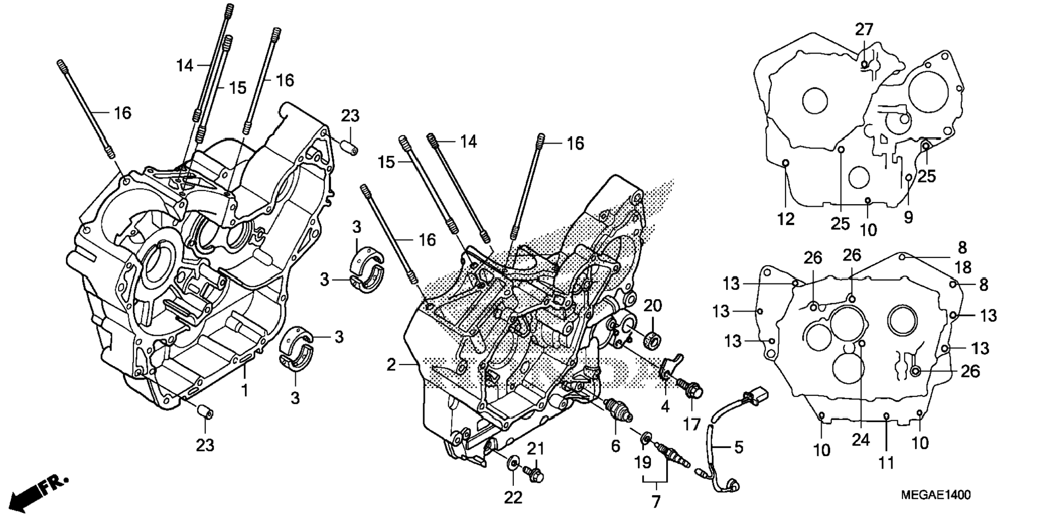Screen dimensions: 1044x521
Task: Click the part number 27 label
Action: point(864,29)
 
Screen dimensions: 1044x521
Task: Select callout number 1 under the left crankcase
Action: point(245,390)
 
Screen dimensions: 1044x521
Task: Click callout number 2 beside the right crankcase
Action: point(391,364)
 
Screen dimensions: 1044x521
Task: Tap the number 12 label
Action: point(786,219)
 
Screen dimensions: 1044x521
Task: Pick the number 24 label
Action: point(861,440)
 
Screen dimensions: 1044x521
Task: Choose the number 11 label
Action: point(886,462)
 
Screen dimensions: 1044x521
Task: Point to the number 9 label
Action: point(909,217)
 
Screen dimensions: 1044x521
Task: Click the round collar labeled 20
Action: point(652,341)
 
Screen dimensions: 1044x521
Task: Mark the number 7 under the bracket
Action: point(656,502)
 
